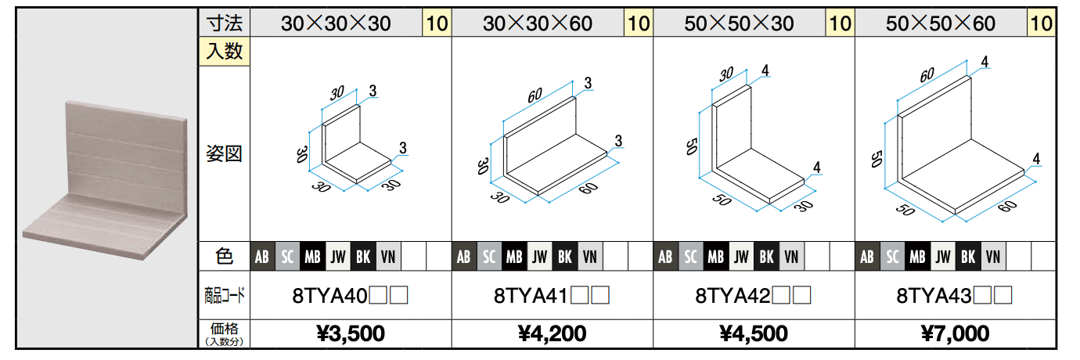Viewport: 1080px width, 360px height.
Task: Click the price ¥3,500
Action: pos(351,333)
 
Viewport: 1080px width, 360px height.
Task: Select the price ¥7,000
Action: pos(955,333)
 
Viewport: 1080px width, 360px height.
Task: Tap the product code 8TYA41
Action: pos(531,295)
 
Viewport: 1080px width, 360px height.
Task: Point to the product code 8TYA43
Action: pos(934,295)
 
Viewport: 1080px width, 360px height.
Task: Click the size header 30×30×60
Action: pos(538,23)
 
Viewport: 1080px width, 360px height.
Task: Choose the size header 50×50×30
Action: pos(739,23)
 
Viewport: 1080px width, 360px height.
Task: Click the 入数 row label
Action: pos(224,51)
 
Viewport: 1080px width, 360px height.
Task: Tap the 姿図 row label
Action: pos(224,153)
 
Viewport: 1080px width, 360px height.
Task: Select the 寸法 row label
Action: pos(224,23)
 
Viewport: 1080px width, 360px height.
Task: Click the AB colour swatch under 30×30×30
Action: pos(262,257)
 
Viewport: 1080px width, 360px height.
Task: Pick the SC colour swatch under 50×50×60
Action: pos(892,257)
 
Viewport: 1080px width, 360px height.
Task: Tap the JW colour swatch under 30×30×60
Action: pos(539,257)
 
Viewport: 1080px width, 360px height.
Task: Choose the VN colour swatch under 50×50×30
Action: pos(791,257)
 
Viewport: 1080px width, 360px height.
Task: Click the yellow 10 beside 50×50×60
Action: pos(1042,23)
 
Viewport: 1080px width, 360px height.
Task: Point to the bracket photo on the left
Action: pos(105,180)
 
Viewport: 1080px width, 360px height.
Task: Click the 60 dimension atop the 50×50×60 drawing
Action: pos(927,75)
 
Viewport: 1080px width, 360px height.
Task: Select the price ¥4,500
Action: pos(754,333)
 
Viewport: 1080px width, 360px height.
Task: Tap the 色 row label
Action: pos(224,257)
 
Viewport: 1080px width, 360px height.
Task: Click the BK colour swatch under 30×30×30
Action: pos(363,257)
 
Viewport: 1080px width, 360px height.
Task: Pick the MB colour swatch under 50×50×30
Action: pos(715,257)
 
